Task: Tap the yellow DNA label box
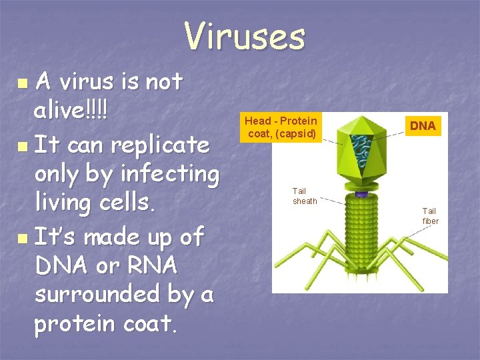tap(423, 125)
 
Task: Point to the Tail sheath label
tap(305, 196)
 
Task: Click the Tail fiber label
tap(430, 216)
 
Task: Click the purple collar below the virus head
tap(361, 193)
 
